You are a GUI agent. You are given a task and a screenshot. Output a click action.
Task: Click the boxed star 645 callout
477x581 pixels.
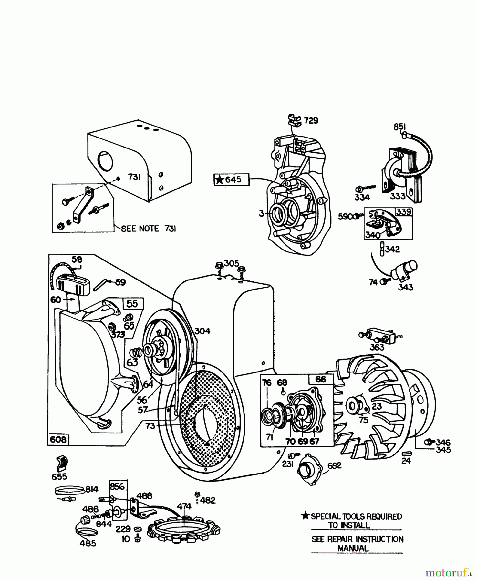(232, 179)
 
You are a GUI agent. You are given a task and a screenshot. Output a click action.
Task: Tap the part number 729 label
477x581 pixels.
(311, 120)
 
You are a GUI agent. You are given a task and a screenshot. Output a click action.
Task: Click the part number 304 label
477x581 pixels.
(202, 331)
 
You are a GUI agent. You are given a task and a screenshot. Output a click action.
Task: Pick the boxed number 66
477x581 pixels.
(321, 379)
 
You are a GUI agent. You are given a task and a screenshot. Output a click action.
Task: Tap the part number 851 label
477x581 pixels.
(399, 127)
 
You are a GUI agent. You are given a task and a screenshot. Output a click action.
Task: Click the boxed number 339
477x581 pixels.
(404, 212)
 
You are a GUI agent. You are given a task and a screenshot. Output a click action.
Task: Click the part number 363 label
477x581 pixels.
(377, 347)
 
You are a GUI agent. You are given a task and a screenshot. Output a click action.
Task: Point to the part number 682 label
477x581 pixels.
(334, 465)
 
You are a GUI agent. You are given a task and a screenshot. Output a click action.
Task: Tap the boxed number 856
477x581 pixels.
(117, 486)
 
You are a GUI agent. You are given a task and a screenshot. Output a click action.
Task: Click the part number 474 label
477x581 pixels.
(184, 506)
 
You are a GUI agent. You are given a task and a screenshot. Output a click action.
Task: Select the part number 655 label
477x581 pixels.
(59, 476)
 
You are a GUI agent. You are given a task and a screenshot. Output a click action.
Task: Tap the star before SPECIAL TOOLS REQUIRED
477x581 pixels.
(305, 516)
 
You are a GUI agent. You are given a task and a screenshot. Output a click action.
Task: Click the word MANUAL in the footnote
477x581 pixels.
(353, 548)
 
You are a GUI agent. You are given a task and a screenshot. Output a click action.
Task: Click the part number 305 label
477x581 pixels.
(231, 263)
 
